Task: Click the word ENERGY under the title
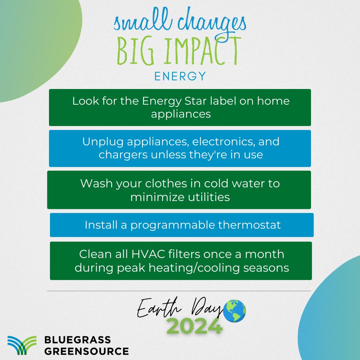click(x=180, y=76)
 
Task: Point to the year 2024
click(x=194, y=326)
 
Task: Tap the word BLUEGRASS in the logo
click(x=77, y=340)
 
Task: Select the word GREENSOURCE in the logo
click(x=86, y=351)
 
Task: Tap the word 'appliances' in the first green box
click(x=181, y=114)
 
